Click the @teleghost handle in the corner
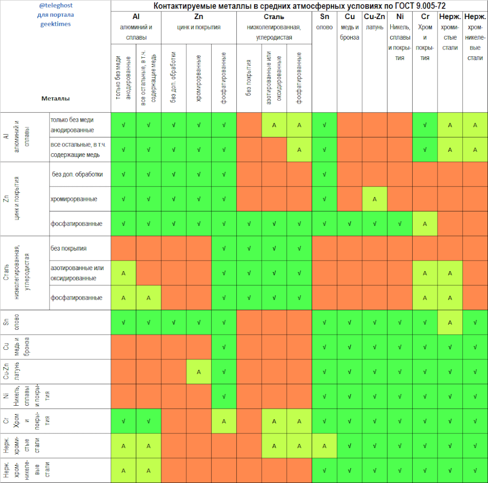[x=56, y=6]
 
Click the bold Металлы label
[x=56, y=98]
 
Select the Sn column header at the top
[x=325, y=17]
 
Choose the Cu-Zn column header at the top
[x=375, y=17]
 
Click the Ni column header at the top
[x=400, y=17]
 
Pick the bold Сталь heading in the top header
[x=274, y=17]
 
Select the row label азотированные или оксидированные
[x=77, y=273]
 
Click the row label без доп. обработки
[x=77, y=174]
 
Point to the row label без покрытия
[x=69, y=248]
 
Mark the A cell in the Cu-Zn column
[x=375, y=199]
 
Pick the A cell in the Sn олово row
[x=449, y=323]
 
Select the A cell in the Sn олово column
[x=325, y=446]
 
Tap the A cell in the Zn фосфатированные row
[x=425, y=223]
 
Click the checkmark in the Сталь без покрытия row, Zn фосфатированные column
[x=224, y=248]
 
